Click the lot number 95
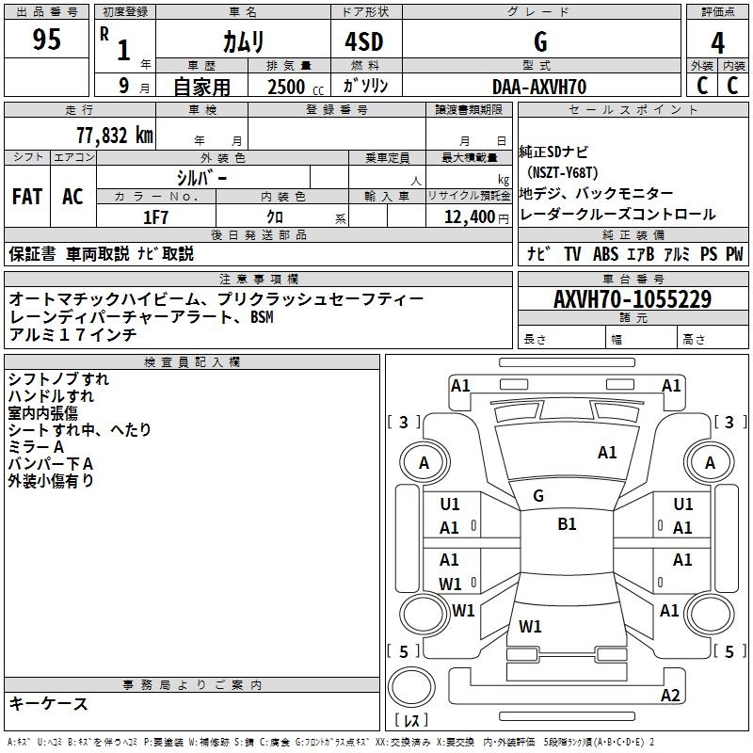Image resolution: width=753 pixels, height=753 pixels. click(x=47, y=40)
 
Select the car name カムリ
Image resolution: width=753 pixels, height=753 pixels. click(x=243, y=41)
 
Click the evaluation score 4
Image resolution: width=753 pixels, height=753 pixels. click(x=717, y=42)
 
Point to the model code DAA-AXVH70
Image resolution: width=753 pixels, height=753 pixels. click(x=539, y=87)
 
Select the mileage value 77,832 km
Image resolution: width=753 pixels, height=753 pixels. click(x=114, y=135)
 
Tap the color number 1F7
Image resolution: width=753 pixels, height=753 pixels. click(x=155, y=217)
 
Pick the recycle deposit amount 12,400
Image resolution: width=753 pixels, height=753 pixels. click(x=468, y=217)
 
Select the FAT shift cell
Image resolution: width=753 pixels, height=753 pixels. click(x=27, y=197)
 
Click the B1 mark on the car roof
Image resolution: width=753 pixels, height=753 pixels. click(x=567, y=524)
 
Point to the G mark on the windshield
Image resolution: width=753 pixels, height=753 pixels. click(x=538, y=495)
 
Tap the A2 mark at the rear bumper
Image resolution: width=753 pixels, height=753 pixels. click(x=670, y=696)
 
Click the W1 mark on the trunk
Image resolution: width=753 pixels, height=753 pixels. click(x=531, y=626)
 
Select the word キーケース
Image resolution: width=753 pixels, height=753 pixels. click(x=49, y=703)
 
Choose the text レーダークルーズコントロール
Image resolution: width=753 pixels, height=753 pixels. click(x=618, y=215)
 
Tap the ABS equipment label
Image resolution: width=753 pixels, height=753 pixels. click(x=605, y=254)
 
